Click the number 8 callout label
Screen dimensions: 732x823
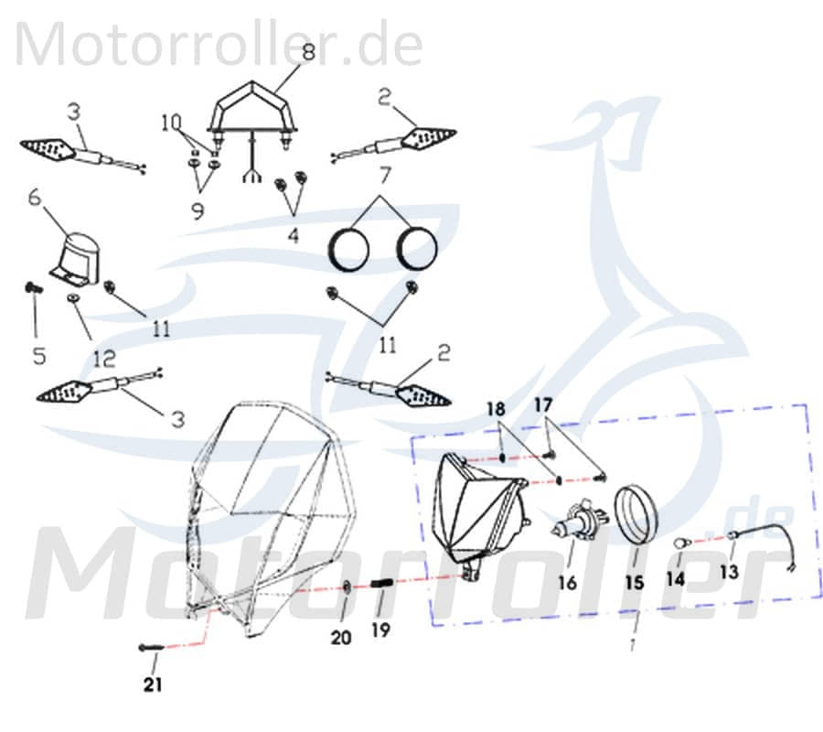click(x=308, y=53)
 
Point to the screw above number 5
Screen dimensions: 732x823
click(x=33, y=288)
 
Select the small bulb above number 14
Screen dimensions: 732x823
click(x=679, y=544)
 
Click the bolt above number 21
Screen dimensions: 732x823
click(x=152, y=648)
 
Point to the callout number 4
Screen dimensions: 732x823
click(x=292, y=235)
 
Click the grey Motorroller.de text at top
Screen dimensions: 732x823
click(x=219, y=44)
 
